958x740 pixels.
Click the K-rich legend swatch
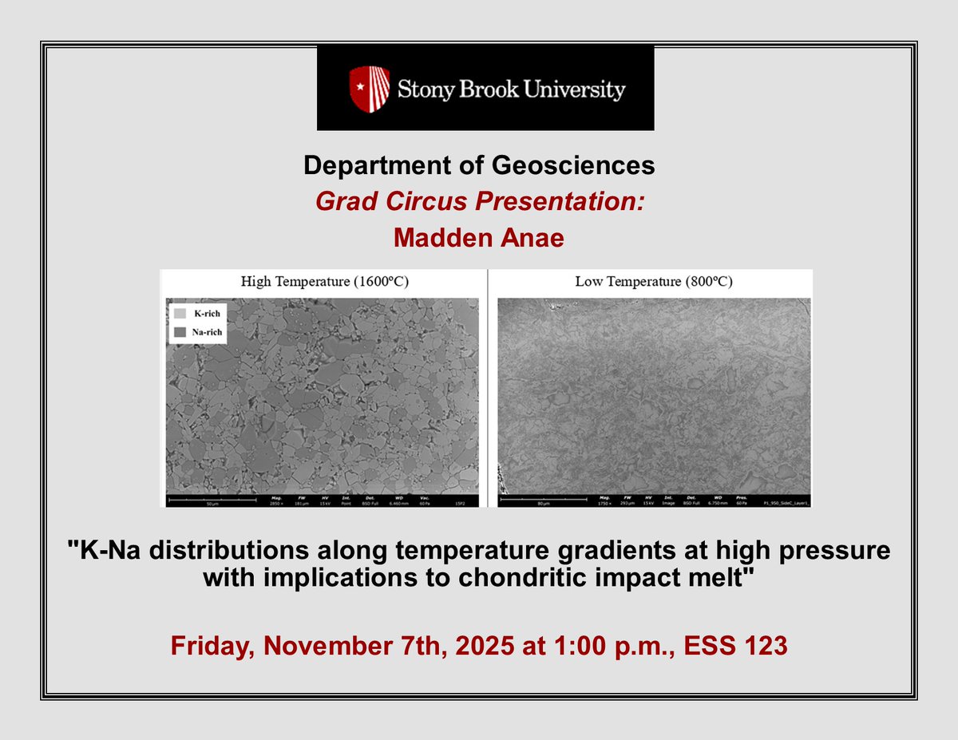click(x=180, y=313)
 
